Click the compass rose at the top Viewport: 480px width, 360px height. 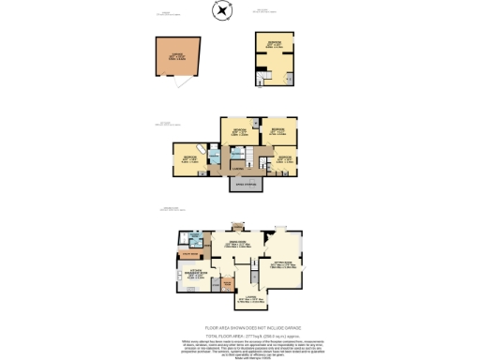pos(222,10)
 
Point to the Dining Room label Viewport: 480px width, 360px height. pos(234,245)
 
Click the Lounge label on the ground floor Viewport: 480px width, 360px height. pos(247,299)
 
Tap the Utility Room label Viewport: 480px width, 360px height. pos(188,253)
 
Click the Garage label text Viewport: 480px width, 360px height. pos(176,55)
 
